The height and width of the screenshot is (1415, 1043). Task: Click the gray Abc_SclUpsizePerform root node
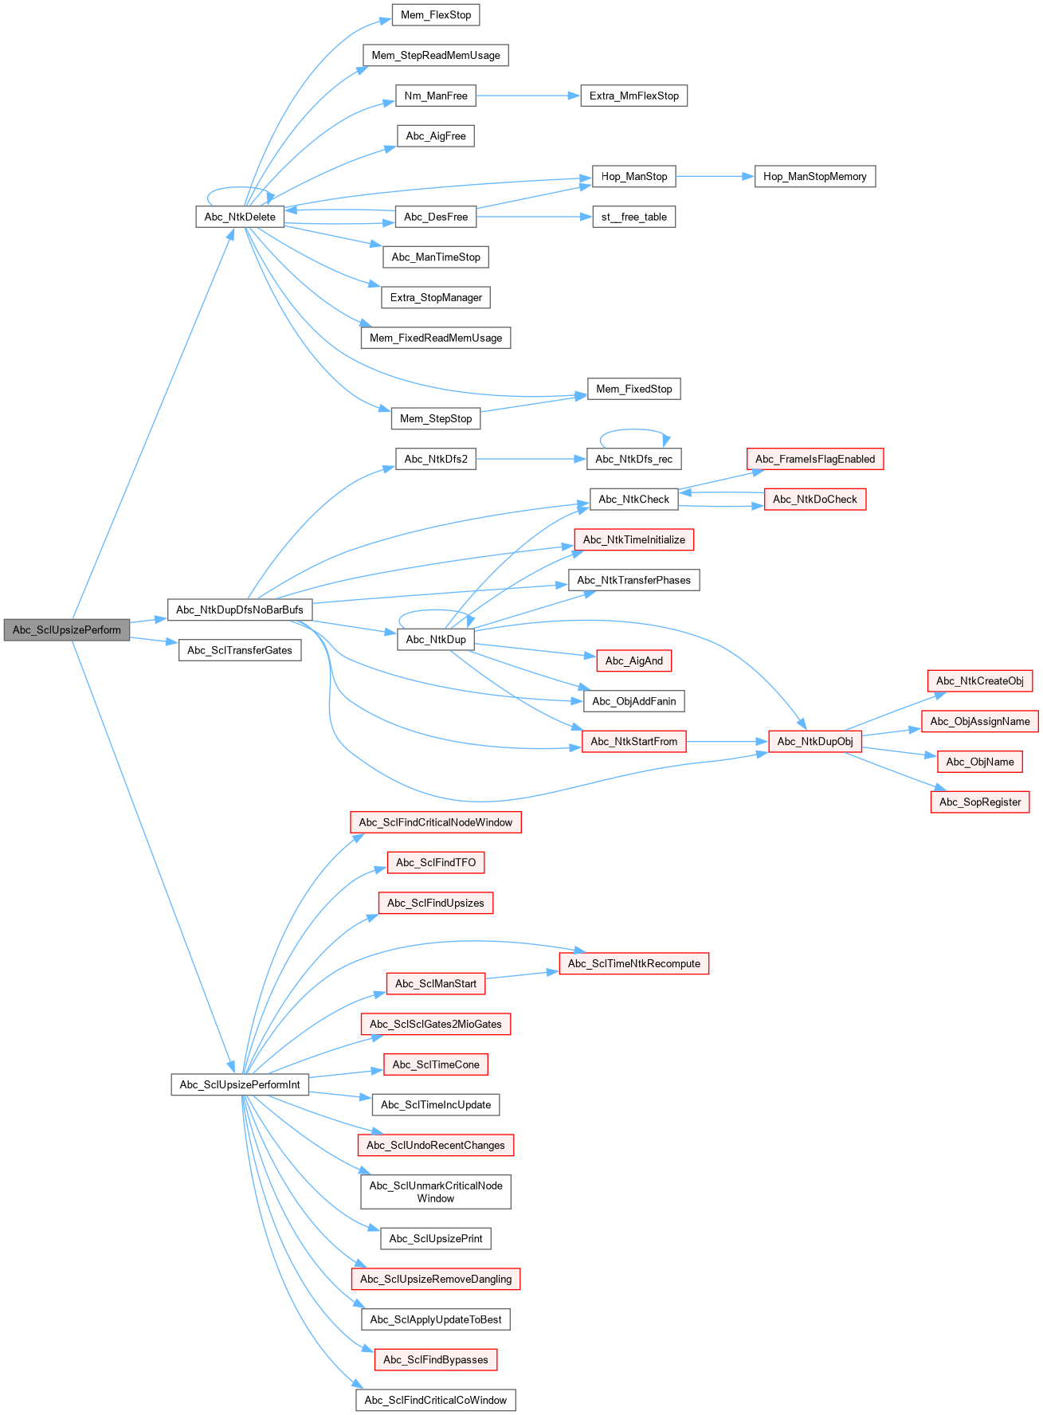(x=67, y=629)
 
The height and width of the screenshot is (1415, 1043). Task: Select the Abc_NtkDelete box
(x=240, y=217)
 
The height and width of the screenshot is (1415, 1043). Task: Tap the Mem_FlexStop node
(x=436, y=15)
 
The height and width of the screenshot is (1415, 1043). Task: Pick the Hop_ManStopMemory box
(x=814, y=176)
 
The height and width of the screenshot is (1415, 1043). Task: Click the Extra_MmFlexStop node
(x=634, y=96)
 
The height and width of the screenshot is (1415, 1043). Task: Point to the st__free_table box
(x=634, y=217)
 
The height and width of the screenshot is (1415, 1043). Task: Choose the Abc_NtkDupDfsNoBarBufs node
(x=240, y=610)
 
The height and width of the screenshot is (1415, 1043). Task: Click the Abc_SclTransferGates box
(x=240, y=650)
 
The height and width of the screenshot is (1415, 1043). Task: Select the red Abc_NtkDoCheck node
(x=814, y=500)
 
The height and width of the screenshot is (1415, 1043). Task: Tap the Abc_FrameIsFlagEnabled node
(x=814, y=459)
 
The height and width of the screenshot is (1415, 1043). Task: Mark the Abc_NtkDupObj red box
(x=814, y=741)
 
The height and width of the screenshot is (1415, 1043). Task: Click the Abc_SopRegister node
(x=979, y=802)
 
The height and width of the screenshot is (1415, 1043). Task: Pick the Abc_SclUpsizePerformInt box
(x=240, y=1084)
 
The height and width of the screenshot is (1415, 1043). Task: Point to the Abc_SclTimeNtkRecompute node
(x=634, y=963)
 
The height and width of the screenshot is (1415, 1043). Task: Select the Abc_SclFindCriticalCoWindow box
(x=436, y=1400)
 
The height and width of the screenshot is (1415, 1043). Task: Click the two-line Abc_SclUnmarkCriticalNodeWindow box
(x=436, y=1192)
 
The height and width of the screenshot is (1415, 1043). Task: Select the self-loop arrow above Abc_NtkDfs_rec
(x=634, y=430)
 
